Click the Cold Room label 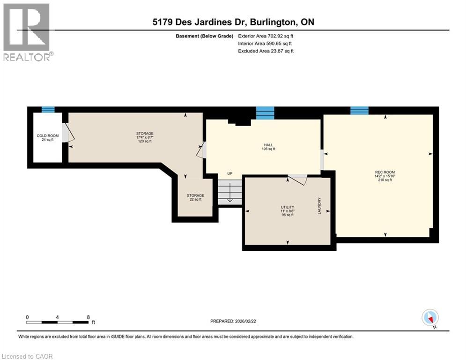[x=48, y=137]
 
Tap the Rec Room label [x=385, y=176]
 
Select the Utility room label [x=288, y=211]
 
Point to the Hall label [x=268, y=147]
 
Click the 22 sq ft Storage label [x=196, y=197]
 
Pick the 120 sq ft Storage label [x=145, y=137]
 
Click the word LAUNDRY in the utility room [x=319, y=206]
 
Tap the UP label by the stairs [x=230, y=173]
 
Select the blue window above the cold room [x=48, y=110]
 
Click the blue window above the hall [x=265, y=113]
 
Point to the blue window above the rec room [x=359, y=110]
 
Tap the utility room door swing [x=298, y=180]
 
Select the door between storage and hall [x=201, y=150]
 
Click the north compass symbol [x=430, y=318]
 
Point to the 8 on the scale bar [x=88, y=317]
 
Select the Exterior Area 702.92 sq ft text [x=266, y=36]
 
